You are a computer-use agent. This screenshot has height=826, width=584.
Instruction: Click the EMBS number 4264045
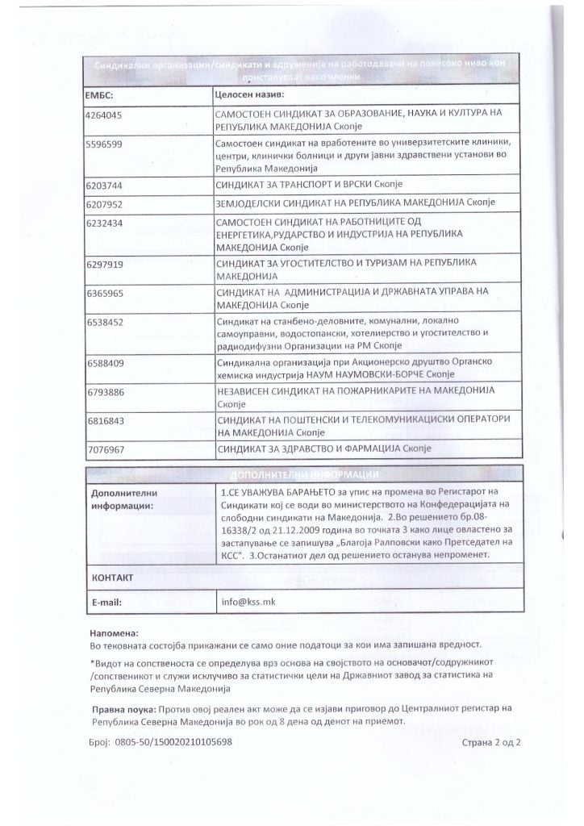pos(104,115)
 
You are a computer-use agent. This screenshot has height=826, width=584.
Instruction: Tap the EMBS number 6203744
pos(104,186)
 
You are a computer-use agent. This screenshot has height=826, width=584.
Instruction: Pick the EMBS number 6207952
pos(104,202)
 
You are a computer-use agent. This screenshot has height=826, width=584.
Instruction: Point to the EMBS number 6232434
pos(104,222)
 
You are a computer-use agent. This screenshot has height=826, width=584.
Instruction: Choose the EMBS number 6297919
pos(104,264)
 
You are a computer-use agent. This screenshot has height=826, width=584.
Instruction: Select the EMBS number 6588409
pos(104,363)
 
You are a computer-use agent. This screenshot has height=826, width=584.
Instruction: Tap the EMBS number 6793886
pos(104,391)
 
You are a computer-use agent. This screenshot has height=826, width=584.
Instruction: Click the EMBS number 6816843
pos(104,420)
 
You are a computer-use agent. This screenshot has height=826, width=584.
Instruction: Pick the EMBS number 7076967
pos(104,448)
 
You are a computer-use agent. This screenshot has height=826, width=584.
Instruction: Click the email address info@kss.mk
pos(242,602)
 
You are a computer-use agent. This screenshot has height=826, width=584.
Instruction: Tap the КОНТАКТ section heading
pos(112,578)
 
